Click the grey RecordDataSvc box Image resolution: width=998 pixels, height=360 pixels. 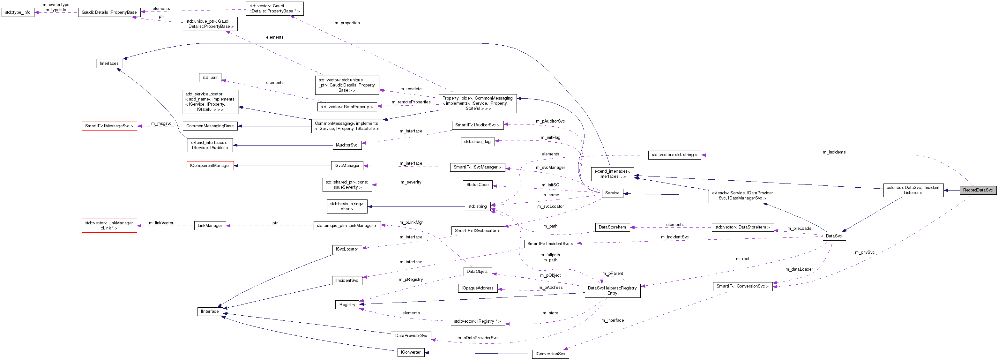pos(978,190)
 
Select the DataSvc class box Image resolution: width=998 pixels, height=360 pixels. pos(834,236)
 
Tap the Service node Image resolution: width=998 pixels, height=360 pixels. pos(612,193)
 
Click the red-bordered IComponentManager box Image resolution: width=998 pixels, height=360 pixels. pos(210,165)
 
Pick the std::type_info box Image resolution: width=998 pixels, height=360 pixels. pos(18,12)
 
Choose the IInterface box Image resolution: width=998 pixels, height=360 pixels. pos(210,311)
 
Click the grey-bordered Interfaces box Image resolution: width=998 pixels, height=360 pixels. pos(109,64)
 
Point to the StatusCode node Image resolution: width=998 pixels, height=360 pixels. pos(477,185)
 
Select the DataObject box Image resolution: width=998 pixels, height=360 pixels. pos(477,272)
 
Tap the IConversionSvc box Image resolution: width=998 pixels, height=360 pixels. pos(550,354)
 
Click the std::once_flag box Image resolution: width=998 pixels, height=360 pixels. pos(477,142)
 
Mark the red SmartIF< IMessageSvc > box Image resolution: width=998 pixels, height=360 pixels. pos(109,126)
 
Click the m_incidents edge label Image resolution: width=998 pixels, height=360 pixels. pos(834,152)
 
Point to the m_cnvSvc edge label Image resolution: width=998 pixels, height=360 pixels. pos(864,252)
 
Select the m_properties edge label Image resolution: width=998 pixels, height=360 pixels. pos(347,23)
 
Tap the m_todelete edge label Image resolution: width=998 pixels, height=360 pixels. pos(411,89)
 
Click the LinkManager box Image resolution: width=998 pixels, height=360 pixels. pos(210,226)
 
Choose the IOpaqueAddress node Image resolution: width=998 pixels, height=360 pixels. pos(477,288)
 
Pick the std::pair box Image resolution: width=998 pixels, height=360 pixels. pos(210,78)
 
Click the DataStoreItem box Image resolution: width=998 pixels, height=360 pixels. pos(612,227)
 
